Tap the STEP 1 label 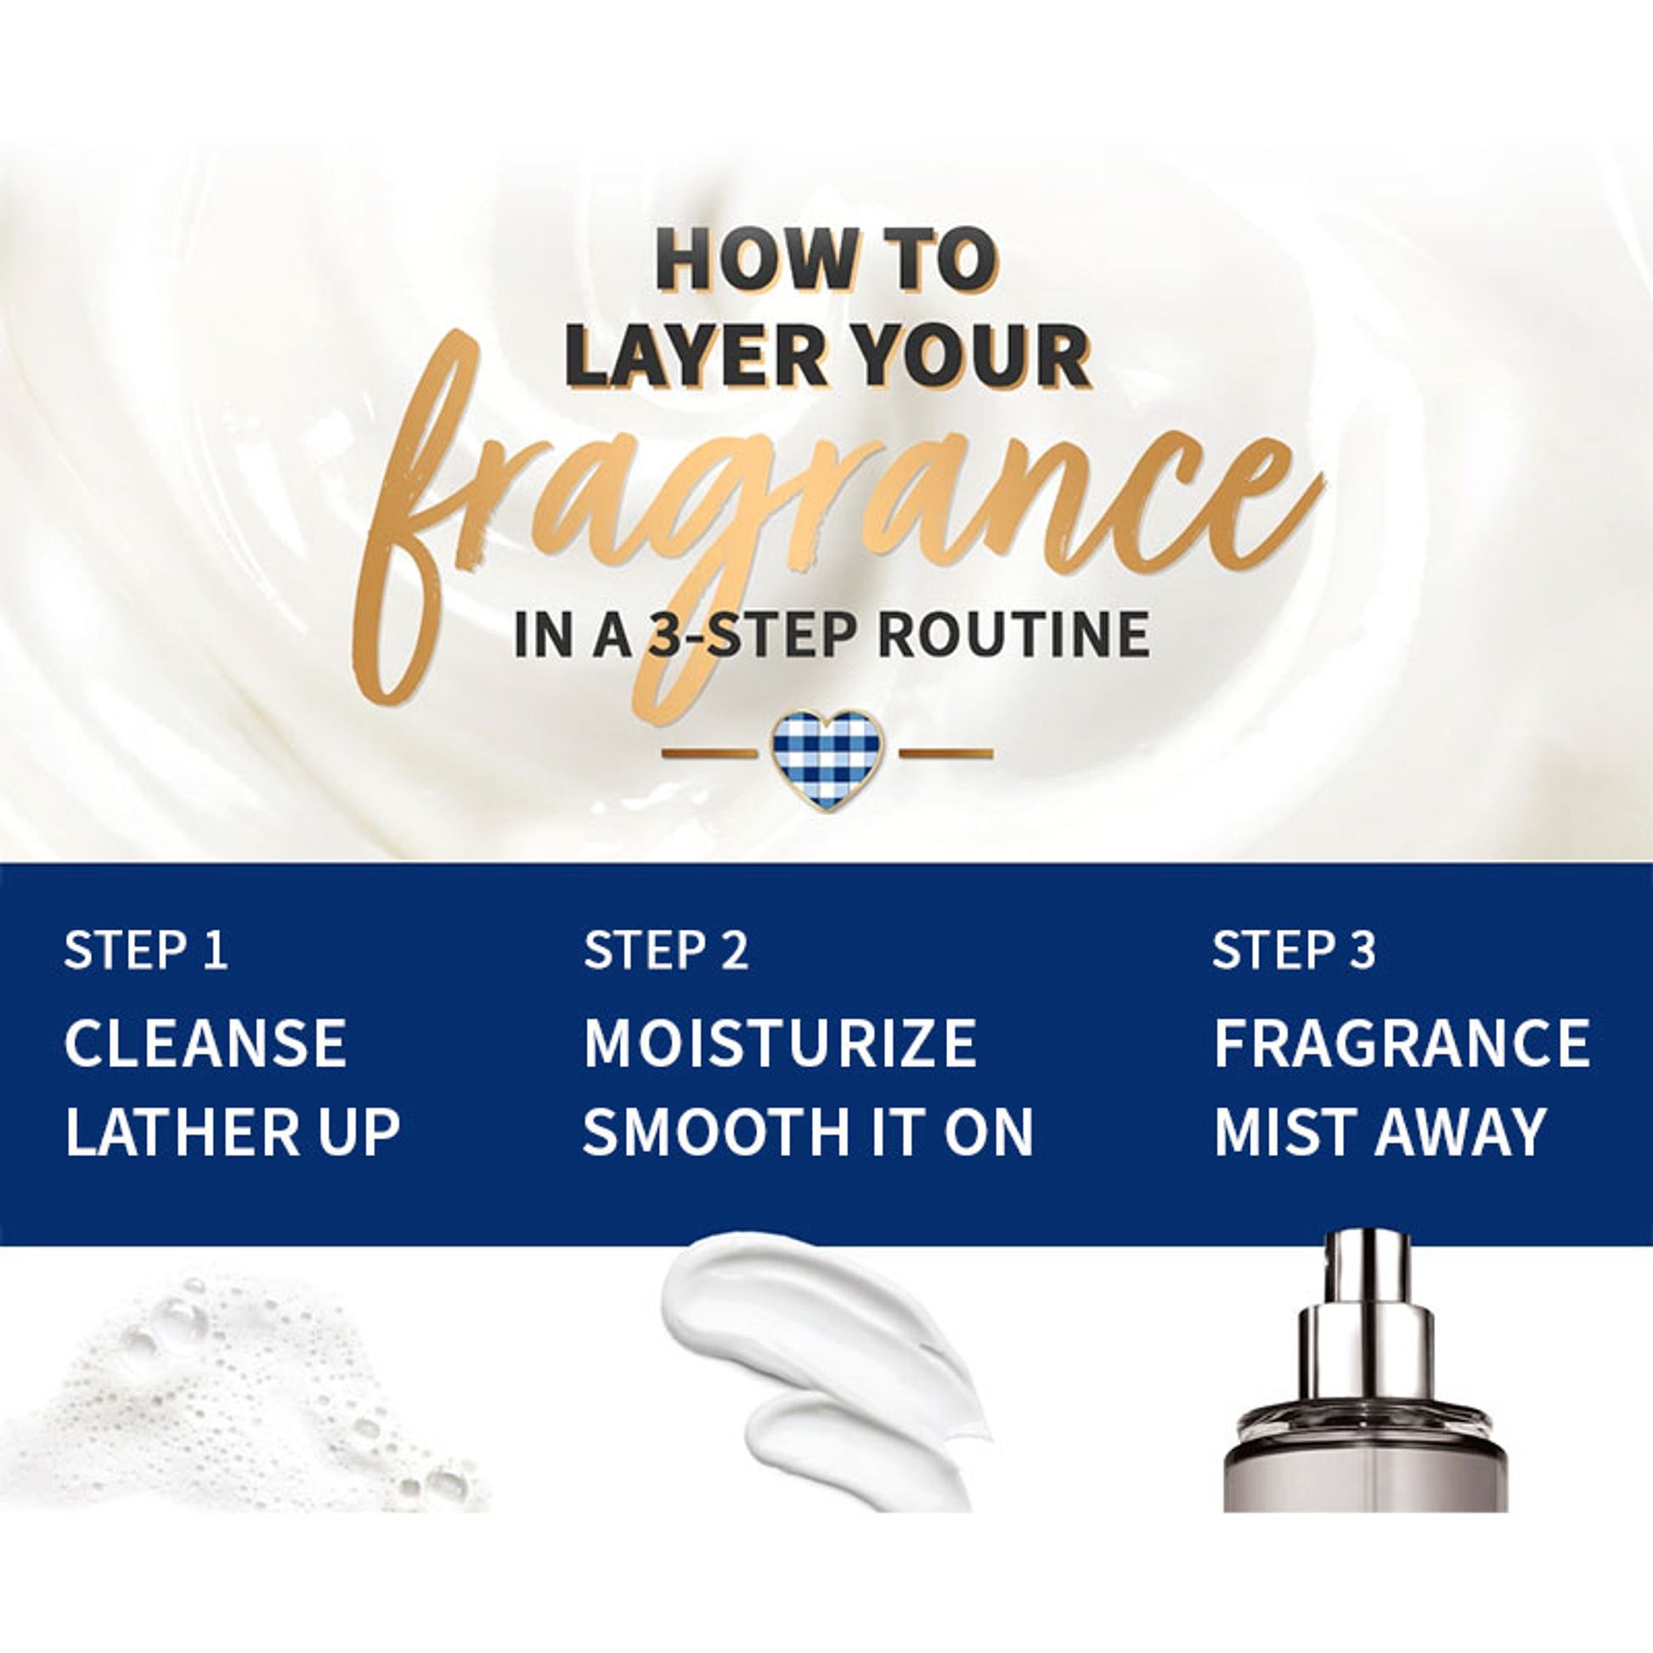pyautogui.click(x=146, y=950)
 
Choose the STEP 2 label pyautogui.click(x=666, y=950)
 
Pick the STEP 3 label pyautogui.click(x=1294, y=950)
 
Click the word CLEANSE pyautogui.click(x=206, y=1043)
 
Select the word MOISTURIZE pyautogui.click(x=780, y=1043)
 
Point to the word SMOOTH pyautogui.click(x=711, y=1131)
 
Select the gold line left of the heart pyautogui.click(x=709, y=753)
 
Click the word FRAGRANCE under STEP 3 pyautogui.click(x=1402, y=1043)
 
